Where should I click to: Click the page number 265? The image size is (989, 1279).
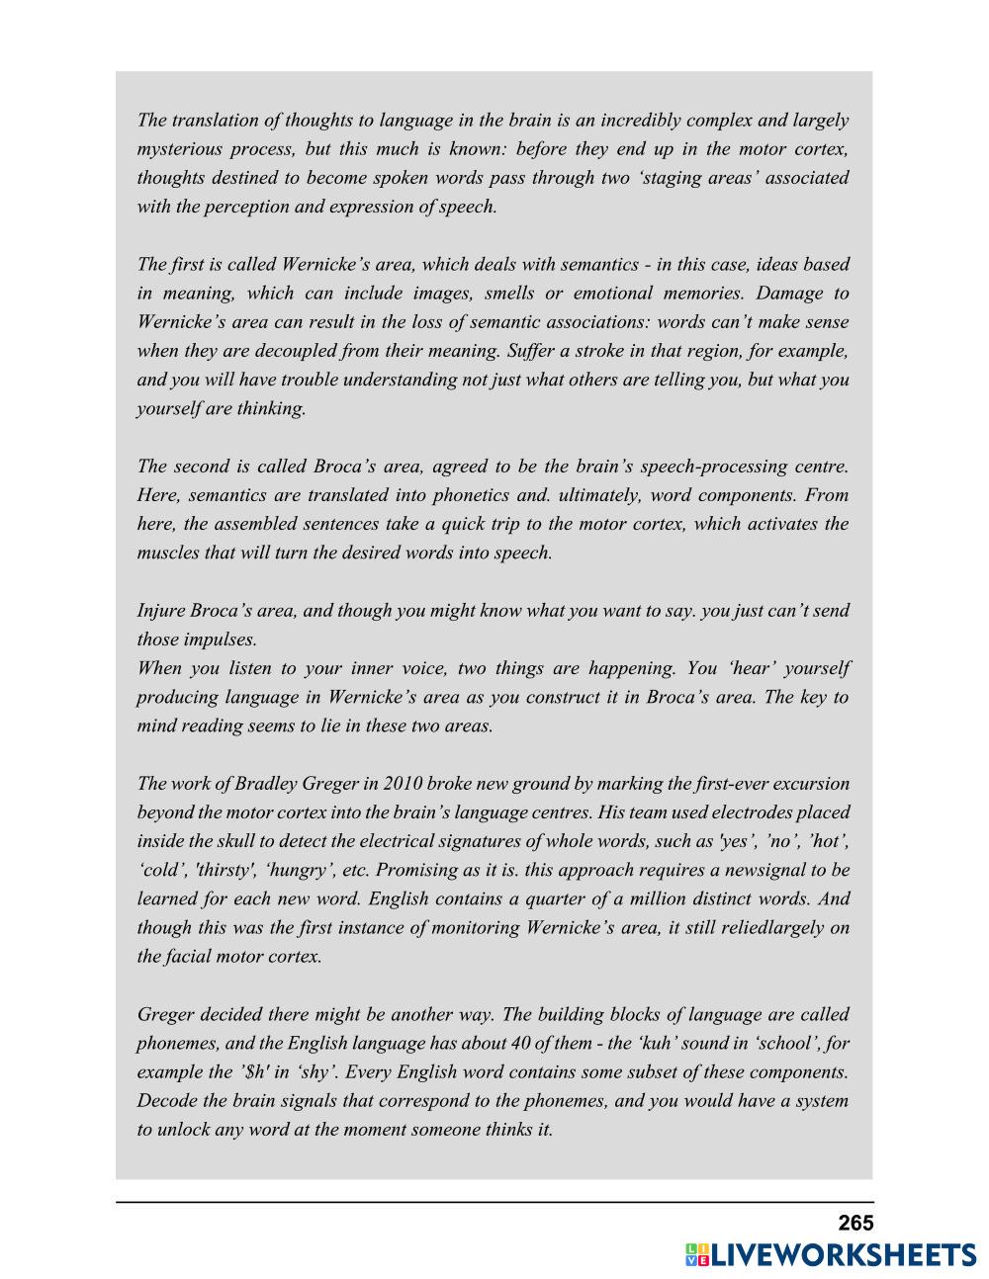click(x=855, y=1223)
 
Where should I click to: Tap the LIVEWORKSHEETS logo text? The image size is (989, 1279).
click(x=844, y=1255)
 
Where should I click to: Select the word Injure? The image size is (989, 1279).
click(x=160, y=610)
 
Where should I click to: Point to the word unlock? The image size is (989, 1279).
click(x=184, y=1129)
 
